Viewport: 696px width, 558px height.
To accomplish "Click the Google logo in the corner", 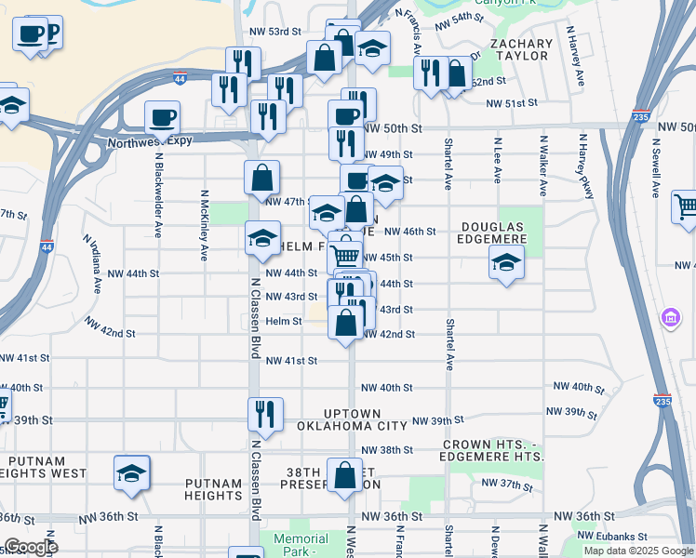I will [x=31, y=547].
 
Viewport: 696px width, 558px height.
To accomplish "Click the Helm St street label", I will [x=284, y=322].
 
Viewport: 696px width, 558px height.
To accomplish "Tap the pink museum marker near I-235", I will [x=669, y=319].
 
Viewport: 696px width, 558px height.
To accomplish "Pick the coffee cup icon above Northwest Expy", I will [x=162, y=118].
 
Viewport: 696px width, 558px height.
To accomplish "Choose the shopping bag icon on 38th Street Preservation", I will [x=345, y=475].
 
